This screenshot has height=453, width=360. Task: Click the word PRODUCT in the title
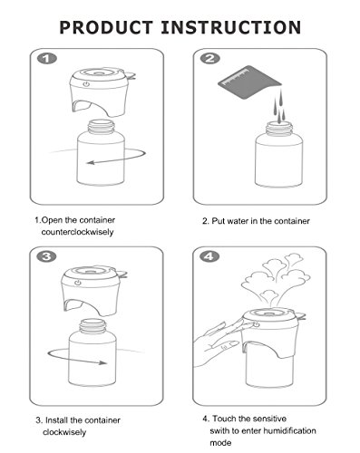coord(106,27)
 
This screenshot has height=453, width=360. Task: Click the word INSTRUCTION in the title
coord(231,27)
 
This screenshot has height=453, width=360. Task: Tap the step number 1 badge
coord(47,59)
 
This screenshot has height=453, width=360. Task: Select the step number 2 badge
coord(210,58)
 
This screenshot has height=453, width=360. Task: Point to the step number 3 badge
coord(46,256)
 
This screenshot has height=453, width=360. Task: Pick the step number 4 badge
coord(209,256)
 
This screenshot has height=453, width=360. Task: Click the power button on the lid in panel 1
coord(86,84)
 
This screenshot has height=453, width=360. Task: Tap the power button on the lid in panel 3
coord(78,283)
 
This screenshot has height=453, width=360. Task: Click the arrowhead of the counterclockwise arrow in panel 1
coord(90,163)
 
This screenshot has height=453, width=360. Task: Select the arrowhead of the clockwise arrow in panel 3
coord(103,362)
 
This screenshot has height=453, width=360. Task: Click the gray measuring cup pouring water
coord(249,82)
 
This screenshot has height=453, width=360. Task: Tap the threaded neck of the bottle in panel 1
coord(101,127)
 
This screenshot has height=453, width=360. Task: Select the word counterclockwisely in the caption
coord(77,232)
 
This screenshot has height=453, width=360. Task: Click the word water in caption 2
coord(238,221)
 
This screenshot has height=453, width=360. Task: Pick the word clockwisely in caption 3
coord(64,432)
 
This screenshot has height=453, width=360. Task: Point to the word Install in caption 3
coord(56,420)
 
